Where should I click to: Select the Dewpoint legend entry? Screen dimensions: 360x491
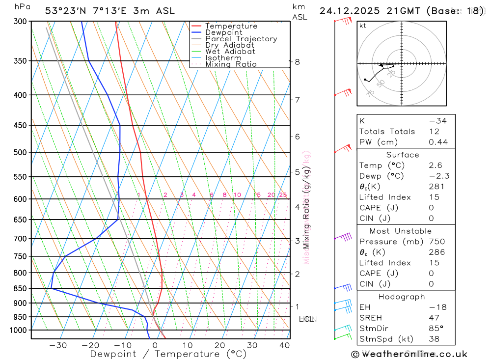tap(223, 32)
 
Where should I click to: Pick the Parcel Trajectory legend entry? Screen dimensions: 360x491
tap(241, 39)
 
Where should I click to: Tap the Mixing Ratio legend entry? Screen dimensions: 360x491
tap(231, 64)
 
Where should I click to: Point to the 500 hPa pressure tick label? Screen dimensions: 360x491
tap(20, 152)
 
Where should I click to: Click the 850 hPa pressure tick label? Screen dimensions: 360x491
tap(20, 288)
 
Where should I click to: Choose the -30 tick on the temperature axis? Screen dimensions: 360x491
tap(58, 345)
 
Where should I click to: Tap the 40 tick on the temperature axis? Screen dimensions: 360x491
tap(284, 345)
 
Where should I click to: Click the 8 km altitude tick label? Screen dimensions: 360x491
tap(298, 62)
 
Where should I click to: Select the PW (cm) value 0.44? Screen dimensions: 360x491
tap(438, 142)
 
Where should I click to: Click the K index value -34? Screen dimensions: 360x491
tap(437, 121)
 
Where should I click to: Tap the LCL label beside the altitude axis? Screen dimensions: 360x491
tap(306, 319)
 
